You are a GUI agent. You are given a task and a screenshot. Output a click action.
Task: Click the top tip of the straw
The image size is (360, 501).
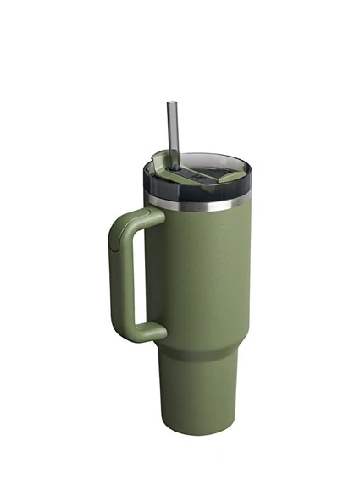tap(170, 103)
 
